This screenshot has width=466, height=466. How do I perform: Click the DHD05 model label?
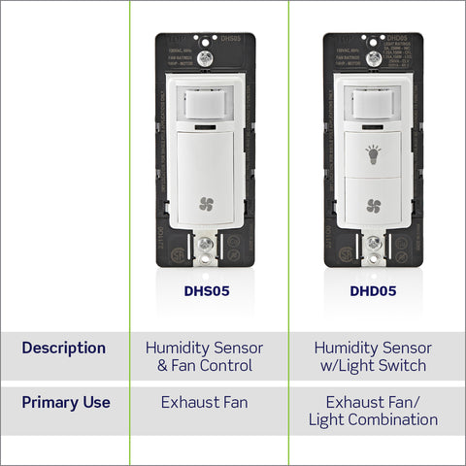point(373,289)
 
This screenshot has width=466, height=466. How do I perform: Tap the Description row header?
point(64,348)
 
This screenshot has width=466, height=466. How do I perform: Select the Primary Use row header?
point(66,402)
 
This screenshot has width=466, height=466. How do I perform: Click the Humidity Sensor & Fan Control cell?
point(204,356)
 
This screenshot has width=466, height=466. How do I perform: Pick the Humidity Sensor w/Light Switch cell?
point(373,356)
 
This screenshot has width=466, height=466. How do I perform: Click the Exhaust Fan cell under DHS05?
point(204,402)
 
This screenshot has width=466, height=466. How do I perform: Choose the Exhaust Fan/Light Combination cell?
point(373,411)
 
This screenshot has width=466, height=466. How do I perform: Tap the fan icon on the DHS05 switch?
point(206,204)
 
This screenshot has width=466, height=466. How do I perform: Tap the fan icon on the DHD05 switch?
point(373,205)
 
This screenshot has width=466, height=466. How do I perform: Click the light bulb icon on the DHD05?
point(373,152)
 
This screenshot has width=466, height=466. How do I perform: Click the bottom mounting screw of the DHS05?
point(206,249)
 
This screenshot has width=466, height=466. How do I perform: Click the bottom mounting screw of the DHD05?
point(373,249)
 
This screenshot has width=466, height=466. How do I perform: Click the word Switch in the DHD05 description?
point(412,365)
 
